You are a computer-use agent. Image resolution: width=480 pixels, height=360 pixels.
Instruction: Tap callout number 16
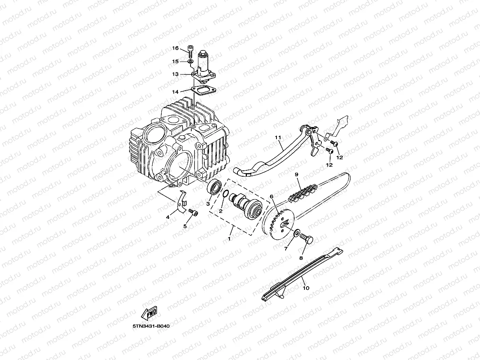(175, 48)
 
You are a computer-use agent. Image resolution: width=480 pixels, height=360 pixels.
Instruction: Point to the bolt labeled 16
(191, 50)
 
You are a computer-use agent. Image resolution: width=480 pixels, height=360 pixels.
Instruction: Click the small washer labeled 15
(190, 62)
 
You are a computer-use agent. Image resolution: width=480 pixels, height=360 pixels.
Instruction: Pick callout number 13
(175, 74)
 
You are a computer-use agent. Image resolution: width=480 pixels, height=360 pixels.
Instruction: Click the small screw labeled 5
(193, 213)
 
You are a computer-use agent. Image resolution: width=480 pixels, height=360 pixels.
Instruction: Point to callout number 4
(168, 217)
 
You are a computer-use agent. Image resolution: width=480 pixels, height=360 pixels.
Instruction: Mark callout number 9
(297, 174)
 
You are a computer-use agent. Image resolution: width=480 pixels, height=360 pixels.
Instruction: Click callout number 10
(306, 288)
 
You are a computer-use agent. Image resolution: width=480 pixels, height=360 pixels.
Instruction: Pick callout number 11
(278, 137)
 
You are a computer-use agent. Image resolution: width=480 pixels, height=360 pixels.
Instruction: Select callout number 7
(286, 248)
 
